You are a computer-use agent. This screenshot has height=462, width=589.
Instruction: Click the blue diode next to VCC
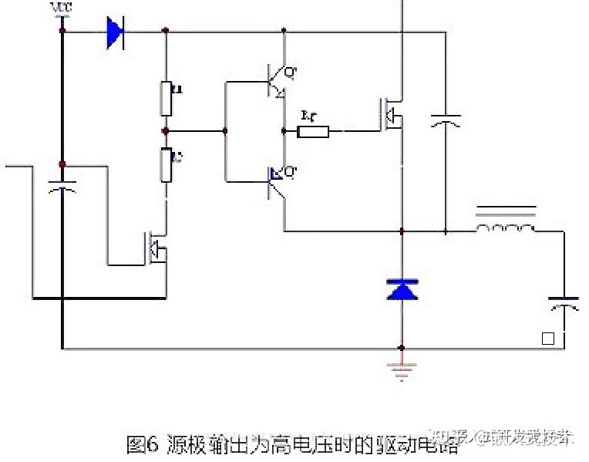[116, 32]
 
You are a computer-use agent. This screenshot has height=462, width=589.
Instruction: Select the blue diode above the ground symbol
[401, 288]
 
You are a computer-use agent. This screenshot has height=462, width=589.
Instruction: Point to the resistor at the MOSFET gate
[313, 131]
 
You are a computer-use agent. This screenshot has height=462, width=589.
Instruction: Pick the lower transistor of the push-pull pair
[278, 180]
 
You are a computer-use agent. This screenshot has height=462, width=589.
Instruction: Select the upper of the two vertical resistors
[166, 97]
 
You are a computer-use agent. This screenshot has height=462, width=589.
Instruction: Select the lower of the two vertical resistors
[166, 165]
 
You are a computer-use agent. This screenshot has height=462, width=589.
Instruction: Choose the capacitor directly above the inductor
[446, 121]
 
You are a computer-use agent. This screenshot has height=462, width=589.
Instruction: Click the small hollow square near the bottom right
[548, 338]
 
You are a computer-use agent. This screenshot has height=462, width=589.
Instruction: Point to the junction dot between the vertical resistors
[166, 132]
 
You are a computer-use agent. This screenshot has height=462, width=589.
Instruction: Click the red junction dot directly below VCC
[62, 31]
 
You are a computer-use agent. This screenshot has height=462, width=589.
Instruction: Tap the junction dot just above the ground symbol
[401, 348]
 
